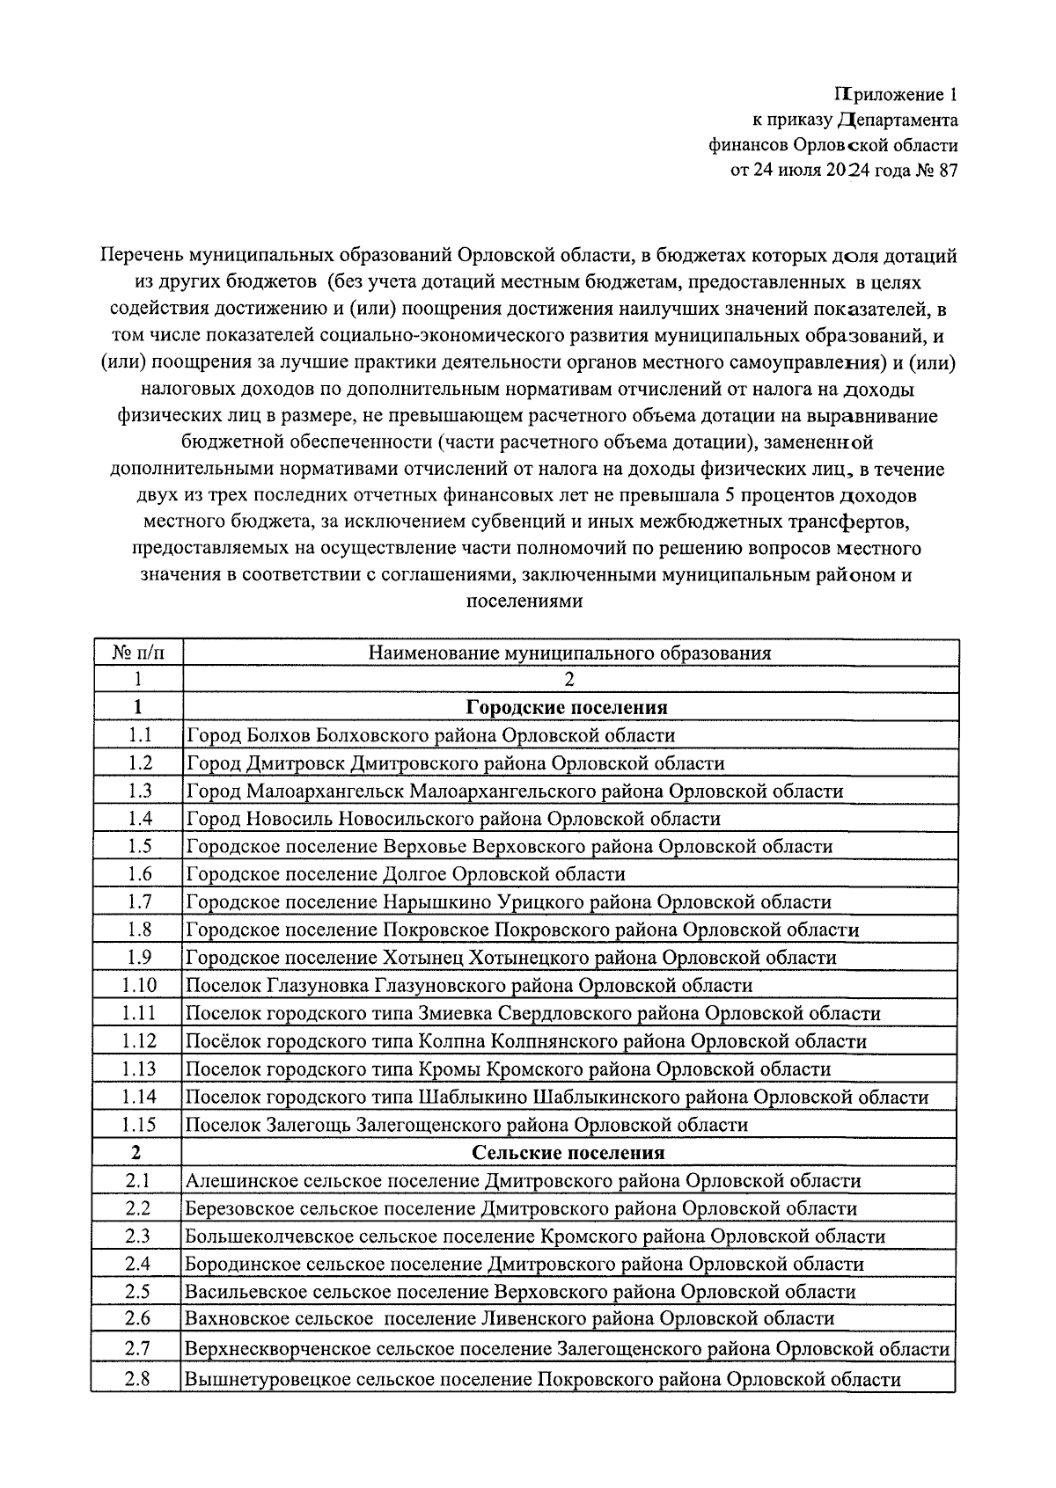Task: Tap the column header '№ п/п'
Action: [138, 653]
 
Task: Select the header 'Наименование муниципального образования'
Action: [569, 653]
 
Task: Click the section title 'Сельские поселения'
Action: [568, 1152]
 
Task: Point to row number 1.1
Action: [139, 735]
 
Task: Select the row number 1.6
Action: [139, 874]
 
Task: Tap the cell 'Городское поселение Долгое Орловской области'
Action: [405, 874]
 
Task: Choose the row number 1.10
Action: [139, 986]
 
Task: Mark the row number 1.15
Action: [139, 1125]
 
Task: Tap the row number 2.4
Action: [137, 1264]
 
